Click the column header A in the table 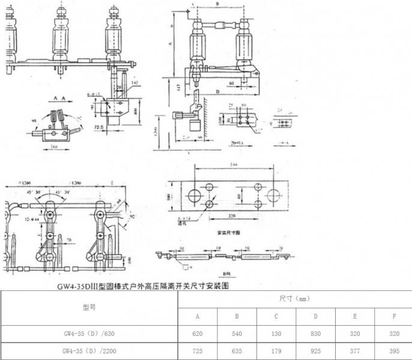(198, 316)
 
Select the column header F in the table (393, 316)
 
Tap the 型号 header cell (89, 307)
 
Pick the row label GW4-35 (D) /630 (89, 333)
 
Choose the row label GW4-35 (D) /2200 (89, 350)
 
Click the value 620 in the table (198, 333)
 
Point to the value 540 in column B (237, 333)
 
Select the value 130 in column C (276, 333)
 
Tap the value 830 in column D (315, 333)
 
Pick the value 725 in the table (198, 350)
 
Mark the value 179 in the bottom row (276, 350)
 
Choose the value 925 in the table (315, 350)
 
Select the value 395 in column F (393, 350)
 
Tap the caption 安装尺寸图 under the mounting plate (226, 230)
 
